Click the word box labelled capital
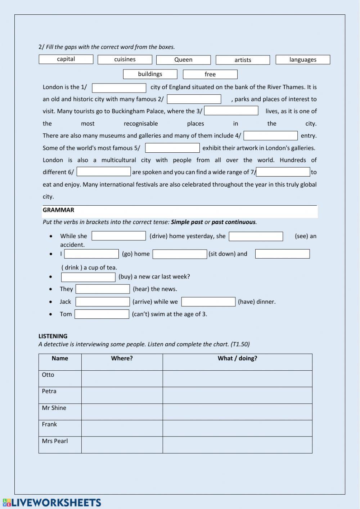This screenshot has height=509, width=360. [x=66, y=59]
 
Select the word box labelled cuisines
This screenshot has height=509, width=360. [x=125, y=59]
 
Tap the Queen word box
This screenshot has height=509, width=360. [x=183, y=60]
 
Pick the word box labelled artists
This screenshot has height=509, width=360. [x=243, y=60]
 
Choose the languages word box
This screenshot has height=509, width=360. [x=303, y=60]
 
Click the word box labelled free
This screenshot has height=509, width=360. [x=210, y=74]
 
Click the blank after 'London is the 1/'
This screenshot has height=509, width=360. [x=119, y=88]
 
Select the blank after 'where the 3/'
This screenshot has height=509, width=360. [x=231, y=111]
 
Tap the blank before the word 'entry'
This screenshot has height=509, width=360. [x=271, y=135]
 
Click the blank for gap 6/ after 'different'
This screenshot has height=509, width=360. [x=104, y=171]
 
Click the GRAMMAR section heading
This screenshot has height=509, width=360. [x=58, y=210]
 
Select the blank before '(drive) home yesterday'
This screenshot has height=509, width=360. [x=119, y=236]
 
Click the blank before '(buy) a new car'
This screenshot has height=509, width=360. [x=88, y=277]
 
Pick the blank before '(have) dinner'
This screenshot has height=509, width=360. [x=208, y=302]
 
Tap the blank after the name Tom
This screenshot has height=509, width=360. [x=102, y=314]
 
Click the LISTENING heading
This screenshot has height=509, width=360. [x=53, y=336]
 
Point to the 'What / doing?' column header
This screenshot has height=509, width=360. [x=237, y=358]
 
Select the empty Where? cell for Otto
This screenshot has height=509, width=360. [x=122, y=379]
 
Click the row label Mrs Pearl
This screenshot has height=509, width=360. [x=55, y=441]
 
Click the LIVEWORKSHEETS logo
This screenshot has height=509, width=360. [x=52, y=503]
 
